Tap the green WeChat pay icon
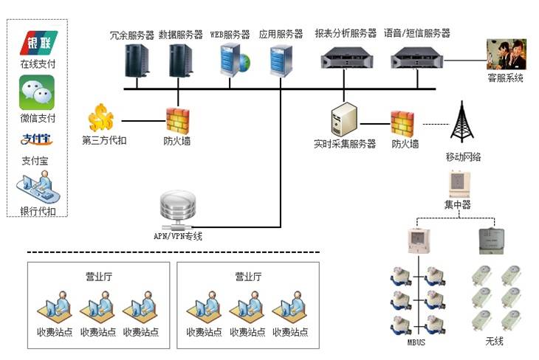pos(38,93)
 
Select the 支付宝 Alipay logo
pos(38,140)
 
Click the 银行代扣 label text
pos(38,212)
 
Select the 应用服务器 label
pos(281,34)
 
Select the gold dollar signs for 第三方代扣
pos(101,117)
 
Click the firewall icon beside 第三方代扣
pos(177,119)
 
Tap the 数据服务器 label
pos(181,34)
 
